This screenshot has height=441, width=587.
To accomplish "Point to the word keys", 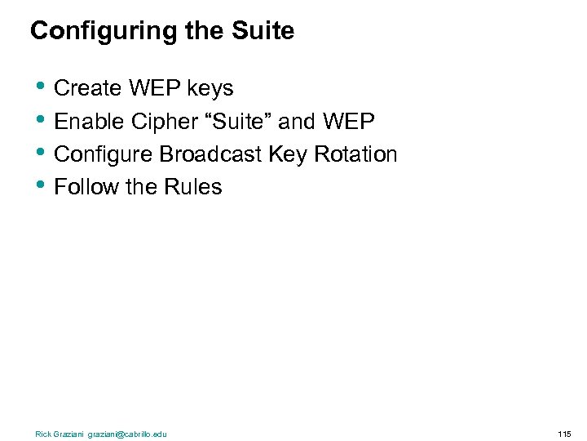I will tap(210, 89).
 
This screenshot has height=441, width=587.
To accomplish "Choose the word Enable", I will tap(89, 121).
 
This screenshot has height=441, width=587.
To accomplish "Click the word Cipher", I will tap(161, 122).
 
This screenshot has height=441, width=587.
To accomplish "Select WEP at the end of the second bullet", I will tap(349, 121).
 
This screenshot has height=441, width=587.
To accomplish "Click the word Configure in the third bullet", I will tap(104, 154).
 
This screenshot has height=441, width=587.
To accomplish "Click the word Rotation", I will tap(351, 154).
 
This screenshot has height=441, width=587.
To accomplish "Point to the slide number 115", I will tap(564, 434).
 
